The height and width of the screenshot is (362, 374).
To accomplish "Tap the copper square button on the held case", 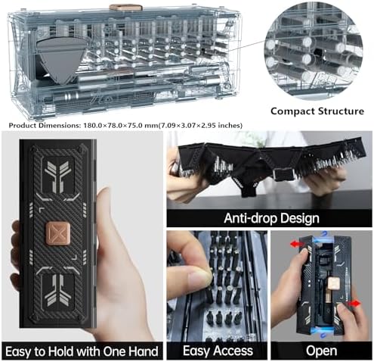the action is pos(57,233).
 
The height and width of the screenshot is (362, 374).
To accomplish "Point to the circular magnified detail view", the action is pos(314,51).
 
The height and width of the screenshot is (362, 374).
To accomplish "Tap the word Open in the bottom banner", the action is pos(321,351).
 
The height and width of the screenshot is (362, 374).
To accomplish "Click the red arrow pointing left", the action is pos(297,244).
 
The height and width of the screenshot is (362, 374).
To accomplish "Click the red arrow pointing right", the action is pos(354,304).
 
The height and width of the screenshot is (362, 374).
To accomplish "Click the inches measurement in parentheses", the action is pos(200,125).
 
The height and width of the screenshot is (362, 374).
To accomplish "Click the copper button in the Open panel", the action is pos(334,283).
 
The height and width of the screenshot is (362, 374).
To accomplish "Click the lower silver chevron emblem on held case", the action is pos(57,293).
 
